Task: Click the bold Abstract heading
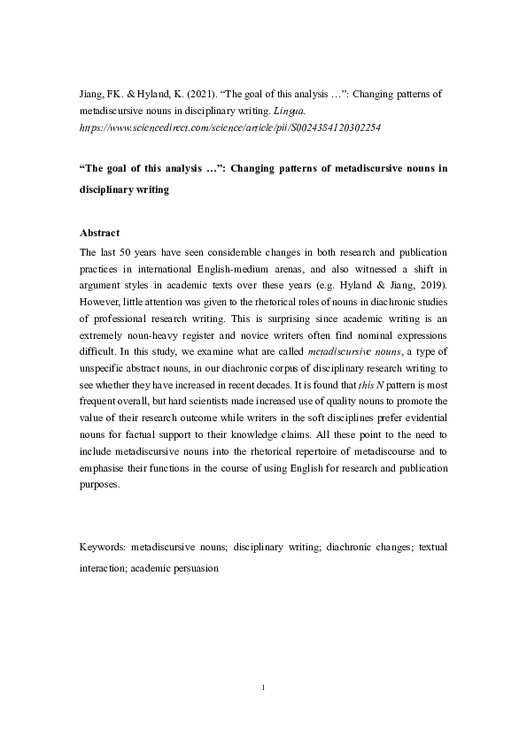(100, 234)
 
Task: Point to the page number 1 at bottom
(264, 686)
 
